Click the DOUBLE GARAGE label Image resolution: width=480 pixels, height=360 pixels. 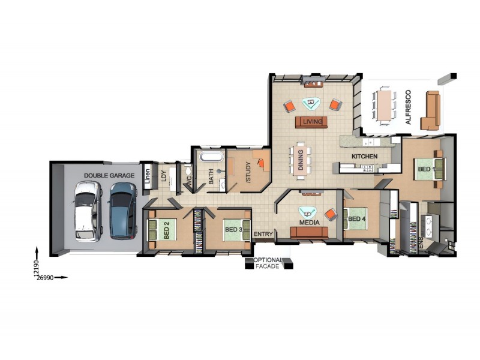click(x=109, y=175)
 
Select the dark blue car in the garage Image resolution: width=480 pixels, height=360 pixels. click(x=123, y=210)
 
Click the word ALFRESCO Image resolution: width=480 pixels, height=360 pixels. click(x=409, y=107)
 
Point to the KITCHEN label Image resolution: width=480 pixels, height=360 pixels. click(x=364, y=157)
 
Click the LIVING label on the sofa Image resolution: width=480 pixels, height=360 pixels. click(x=313, y=122)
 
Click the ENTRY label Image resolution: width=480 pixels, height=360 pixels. click(x=263, y=234)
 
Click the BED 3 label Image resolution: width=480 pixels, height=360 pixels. click(x=233, y=230)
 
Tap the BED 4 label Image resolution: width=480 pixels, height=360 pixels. click(x=356, y=219)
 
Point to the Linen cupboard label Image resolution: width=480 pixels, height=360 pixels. click(x=146, y=177)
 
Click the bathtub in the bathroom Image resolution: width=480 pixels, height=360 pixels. click(x=210, y=158)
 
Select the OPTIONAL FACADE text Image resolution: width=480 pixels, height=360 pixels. click(x=268, y=263)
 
